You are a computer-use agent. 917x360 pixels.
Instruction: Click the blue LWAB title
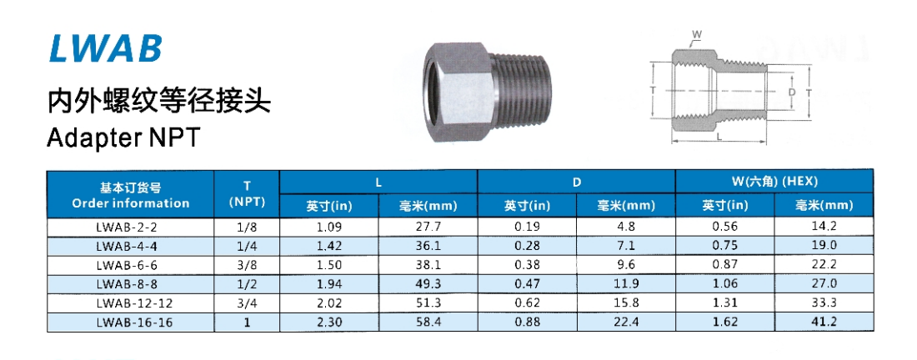coord(105,48)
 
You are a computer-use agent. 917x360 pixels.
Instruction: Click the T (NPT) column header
coord(247,194)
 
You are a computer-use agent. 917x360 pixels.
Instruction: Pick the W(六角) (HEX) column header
coord(774,181)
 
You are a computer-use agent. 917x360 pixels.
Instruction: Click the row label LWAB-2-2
coord(130,227)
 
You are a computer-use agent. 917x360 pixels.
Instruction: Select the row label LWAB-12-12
coord(130,302)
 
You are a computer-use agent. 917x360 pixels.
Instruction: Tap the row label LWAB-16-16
coord(130,322)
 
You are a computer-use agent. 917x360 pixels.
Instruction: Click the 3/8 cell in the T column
coord(247,265)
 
